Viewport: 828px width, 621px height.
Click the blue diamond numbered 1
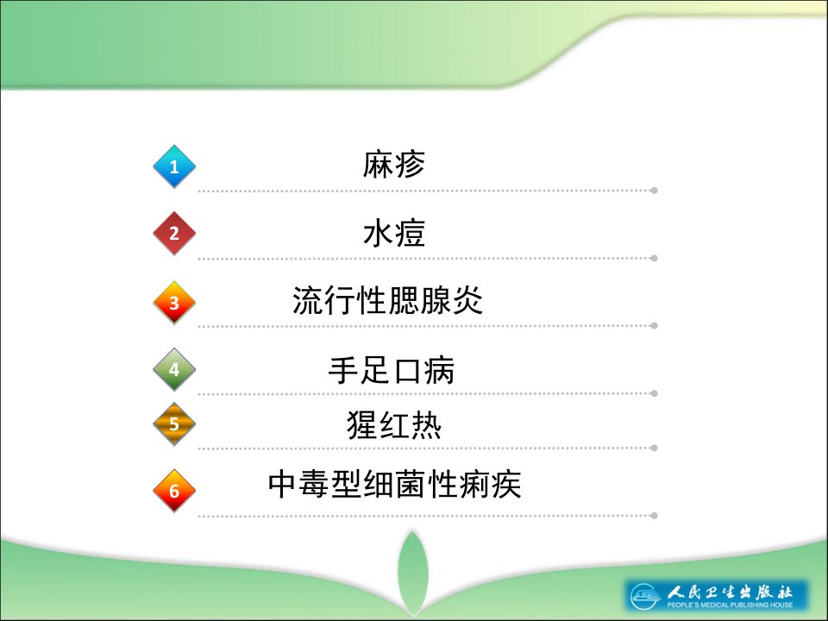(174, 166)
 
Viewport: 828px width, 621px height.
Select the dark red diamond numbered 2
(174, 234)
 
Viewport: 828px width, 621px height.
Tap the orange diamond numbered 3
(174, 303)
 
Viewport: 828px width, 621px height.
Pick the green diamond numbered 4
(174, 370)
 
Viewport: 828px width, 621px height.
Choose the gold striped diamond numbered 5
(174, 424)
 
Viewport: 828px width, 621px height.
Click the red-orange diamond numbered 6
(174, 491)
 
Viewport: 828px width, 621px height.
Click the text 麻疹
(394, 164)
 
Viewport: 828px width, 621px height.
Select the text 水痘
(394, 233)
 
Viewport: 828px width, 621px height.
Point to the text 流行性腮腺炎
(388, 300)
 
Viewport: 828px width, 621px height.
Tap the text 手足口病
(392, 370)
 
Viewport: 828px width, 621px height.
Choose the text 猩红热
(394, 424)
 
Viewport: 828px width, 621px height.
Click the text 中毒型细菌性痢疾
(394, 484)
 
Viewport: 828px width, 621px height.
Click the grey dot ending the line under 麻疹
(655, 191)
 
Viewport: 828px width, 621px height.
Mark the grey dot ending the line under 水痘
(655, 258)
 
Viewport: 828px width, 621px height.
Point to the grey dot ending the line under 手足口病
(655, 393)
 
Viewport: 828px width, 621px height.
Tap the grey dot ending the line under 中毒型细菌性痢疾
(655, 516)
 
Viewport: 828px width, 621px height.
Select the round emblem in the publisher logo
(645, 596)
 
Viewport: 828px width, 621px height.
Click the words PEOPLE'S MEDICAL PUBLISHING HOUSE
(730, 605)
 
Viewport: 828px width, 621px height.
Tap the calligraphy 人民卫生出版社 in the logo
(730, 592)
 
